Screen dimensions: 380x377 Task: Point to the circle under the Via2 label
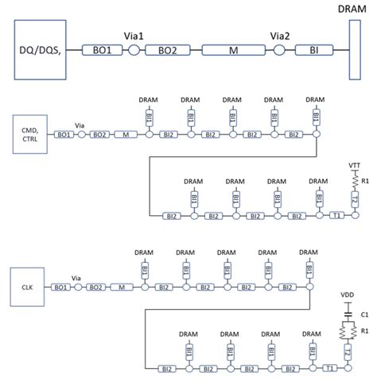pyautogui.click(x=278, y=50)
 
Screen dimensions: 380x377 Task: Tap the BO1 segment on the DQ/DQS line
pyautogui.click(x=102, y=50)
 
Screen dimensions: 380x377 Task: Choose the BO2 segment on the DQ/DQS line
pyautogui.click(x=167, y=50)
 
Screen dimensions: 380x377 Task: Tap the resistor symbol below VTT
pyautogui.click(x=356, y=182)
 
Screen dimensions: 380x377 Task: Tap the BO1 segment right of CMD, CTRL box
pyautogui.click(x=61, y=135)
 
